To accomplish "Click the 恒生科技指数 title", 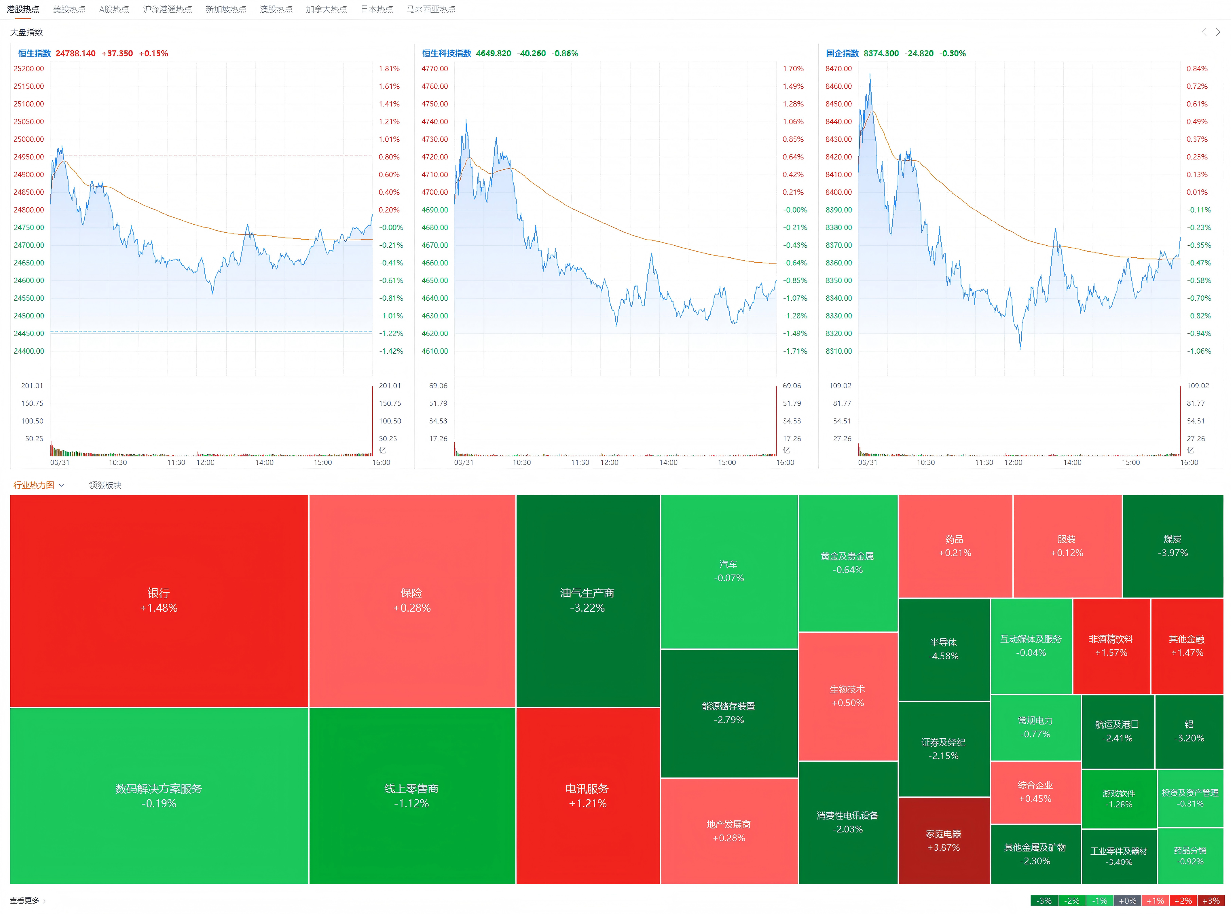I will coord(446,54).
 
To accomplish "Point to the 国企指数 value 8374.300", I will coord(881,54).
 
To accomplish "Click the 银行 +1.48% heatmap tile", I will coord(159,600).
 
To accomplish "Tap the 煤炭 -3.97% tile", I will coord(1172,545).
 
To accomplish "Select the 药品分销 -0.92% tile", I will coord(1190,855).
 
